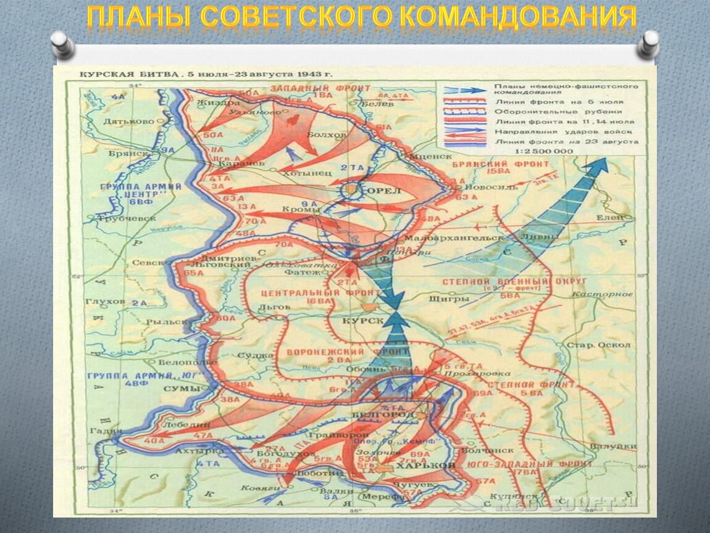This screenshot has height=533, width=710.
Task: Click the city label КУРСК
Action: [363, 321]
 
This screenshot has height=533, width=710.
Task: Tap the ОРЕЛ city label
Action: [384, 191]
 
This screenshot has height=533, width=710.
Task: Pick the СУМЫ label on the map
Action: [182, 389]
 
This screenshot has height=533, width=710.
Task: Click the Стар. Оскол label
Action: [607, 345]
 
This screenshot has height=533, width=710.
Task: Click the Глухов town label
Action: [109, 302]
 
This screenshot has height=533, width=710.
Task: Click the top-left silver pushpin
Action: [64, 45]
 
